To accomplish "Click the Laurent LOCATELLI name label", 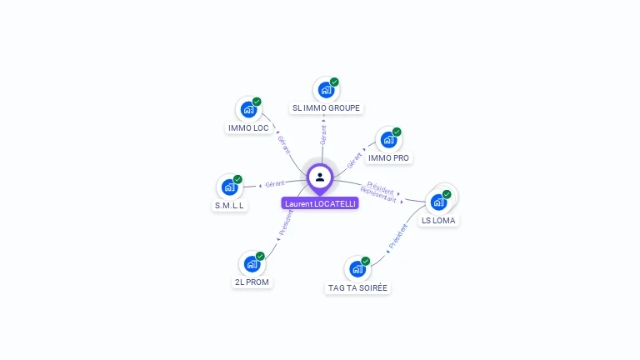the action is [x=320, y=203].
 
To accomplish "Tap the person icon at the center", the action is [x=320, y=177].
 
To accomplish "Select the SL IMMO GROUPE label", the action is [x=326, y=108].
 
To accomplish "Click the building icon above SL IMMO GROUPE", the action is [x=326, y=89].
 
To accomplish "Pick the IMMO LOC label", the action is [x=248, y=128].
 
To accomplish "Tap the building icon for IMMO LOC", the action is [x=248, y=109].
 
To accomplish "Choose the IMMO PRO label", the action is [x=389, y=158].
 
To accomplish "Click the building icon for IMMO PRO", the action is [x=388, y=139].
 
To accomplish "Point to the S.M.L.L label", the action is [x=230, y=206].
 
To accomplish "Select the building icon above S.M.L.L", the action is [x=229, y=187].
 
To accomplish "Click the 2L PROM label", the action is [x=252, y=282].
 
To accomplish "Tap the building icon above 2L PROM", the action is [x=252, y=263].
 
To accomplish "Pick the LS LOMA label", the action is [x=438, y=221].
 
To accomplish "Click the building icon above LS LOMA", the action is [x=438, y=202].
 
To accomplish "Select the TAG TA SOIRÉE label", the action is [x=357, y=288].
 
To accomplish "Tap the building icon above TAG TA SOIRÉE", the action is [x=357, y=268].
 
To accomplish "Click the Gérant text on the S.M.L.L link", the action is [x=275, y=183].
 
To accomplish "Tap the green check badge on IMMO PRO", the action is [x=397, y=132].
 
